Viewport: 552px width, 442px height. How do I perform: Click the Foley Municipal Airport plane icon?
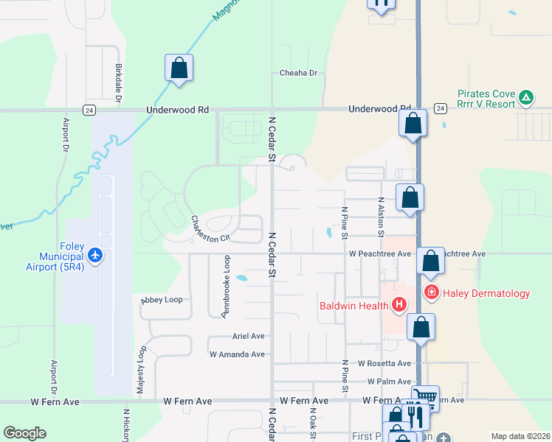95,255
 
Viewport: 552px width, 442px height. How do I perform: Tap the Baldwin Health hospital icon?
399,304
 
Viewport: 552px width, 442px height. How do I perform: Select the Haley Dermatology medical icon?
432,292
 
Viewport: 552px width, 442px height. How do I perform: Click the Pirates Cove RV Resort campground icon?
525,97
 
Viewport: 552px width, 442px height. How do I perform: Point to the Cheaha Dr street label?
298,73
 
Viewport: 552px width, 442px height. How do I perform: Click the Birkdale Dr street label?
118,81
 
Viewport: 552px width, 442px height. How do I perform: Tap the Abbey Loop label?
162,300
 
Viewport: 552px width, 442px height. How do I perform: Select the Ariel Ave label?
248,336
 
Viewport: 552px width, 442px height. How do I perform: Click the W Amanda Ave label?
237,354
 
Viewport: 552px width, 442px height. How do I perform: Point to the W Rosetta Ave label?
384,363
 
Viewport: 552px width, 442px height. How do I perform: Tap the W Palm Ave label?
389,382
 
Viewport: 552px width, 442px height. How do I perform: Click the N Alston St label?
381,217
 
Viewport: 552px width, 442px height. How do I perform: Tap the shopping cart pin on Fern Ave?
425,398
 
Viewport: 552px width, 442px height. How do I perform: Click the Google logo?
24,433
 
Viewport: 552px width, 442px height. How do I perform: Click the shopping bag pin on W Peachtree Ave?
430,260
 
